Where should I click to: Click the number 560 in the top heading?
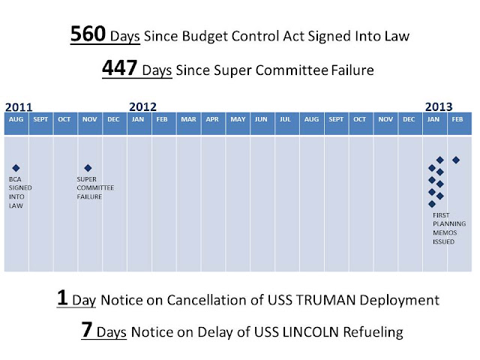click(88, 34)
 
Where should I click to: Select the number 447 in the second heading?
click(119, 67)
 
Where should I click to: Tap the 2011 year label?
click(19, 107)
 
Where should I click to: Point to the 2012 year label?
click(142, 106)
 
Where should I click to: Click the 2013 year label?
click(439, 106)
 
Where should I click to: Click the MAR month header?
click(188, 119)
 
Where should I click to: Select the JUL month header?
click(285, 119)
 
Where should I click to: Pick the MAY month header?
click(238, 119)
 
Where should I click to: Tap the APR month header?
click(212, 119)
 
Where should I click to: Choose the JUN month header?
click(261, 119)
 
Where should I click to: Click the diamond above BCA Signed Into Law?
click(16, 168)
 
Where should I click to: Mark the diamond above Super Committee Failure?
click(88, 168)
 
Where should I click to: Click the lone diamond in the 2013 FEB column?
click(456, 160)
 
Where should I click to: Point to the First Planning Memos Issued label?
click(449, 228)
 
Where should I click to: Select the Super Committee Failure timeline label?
click(95, 188)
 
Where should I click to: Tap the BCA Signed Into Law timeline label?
click(20, 193)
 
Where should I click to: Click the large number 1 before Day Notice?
click(62, 297)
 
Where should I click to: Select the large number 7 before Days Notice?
click(87, 329)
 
